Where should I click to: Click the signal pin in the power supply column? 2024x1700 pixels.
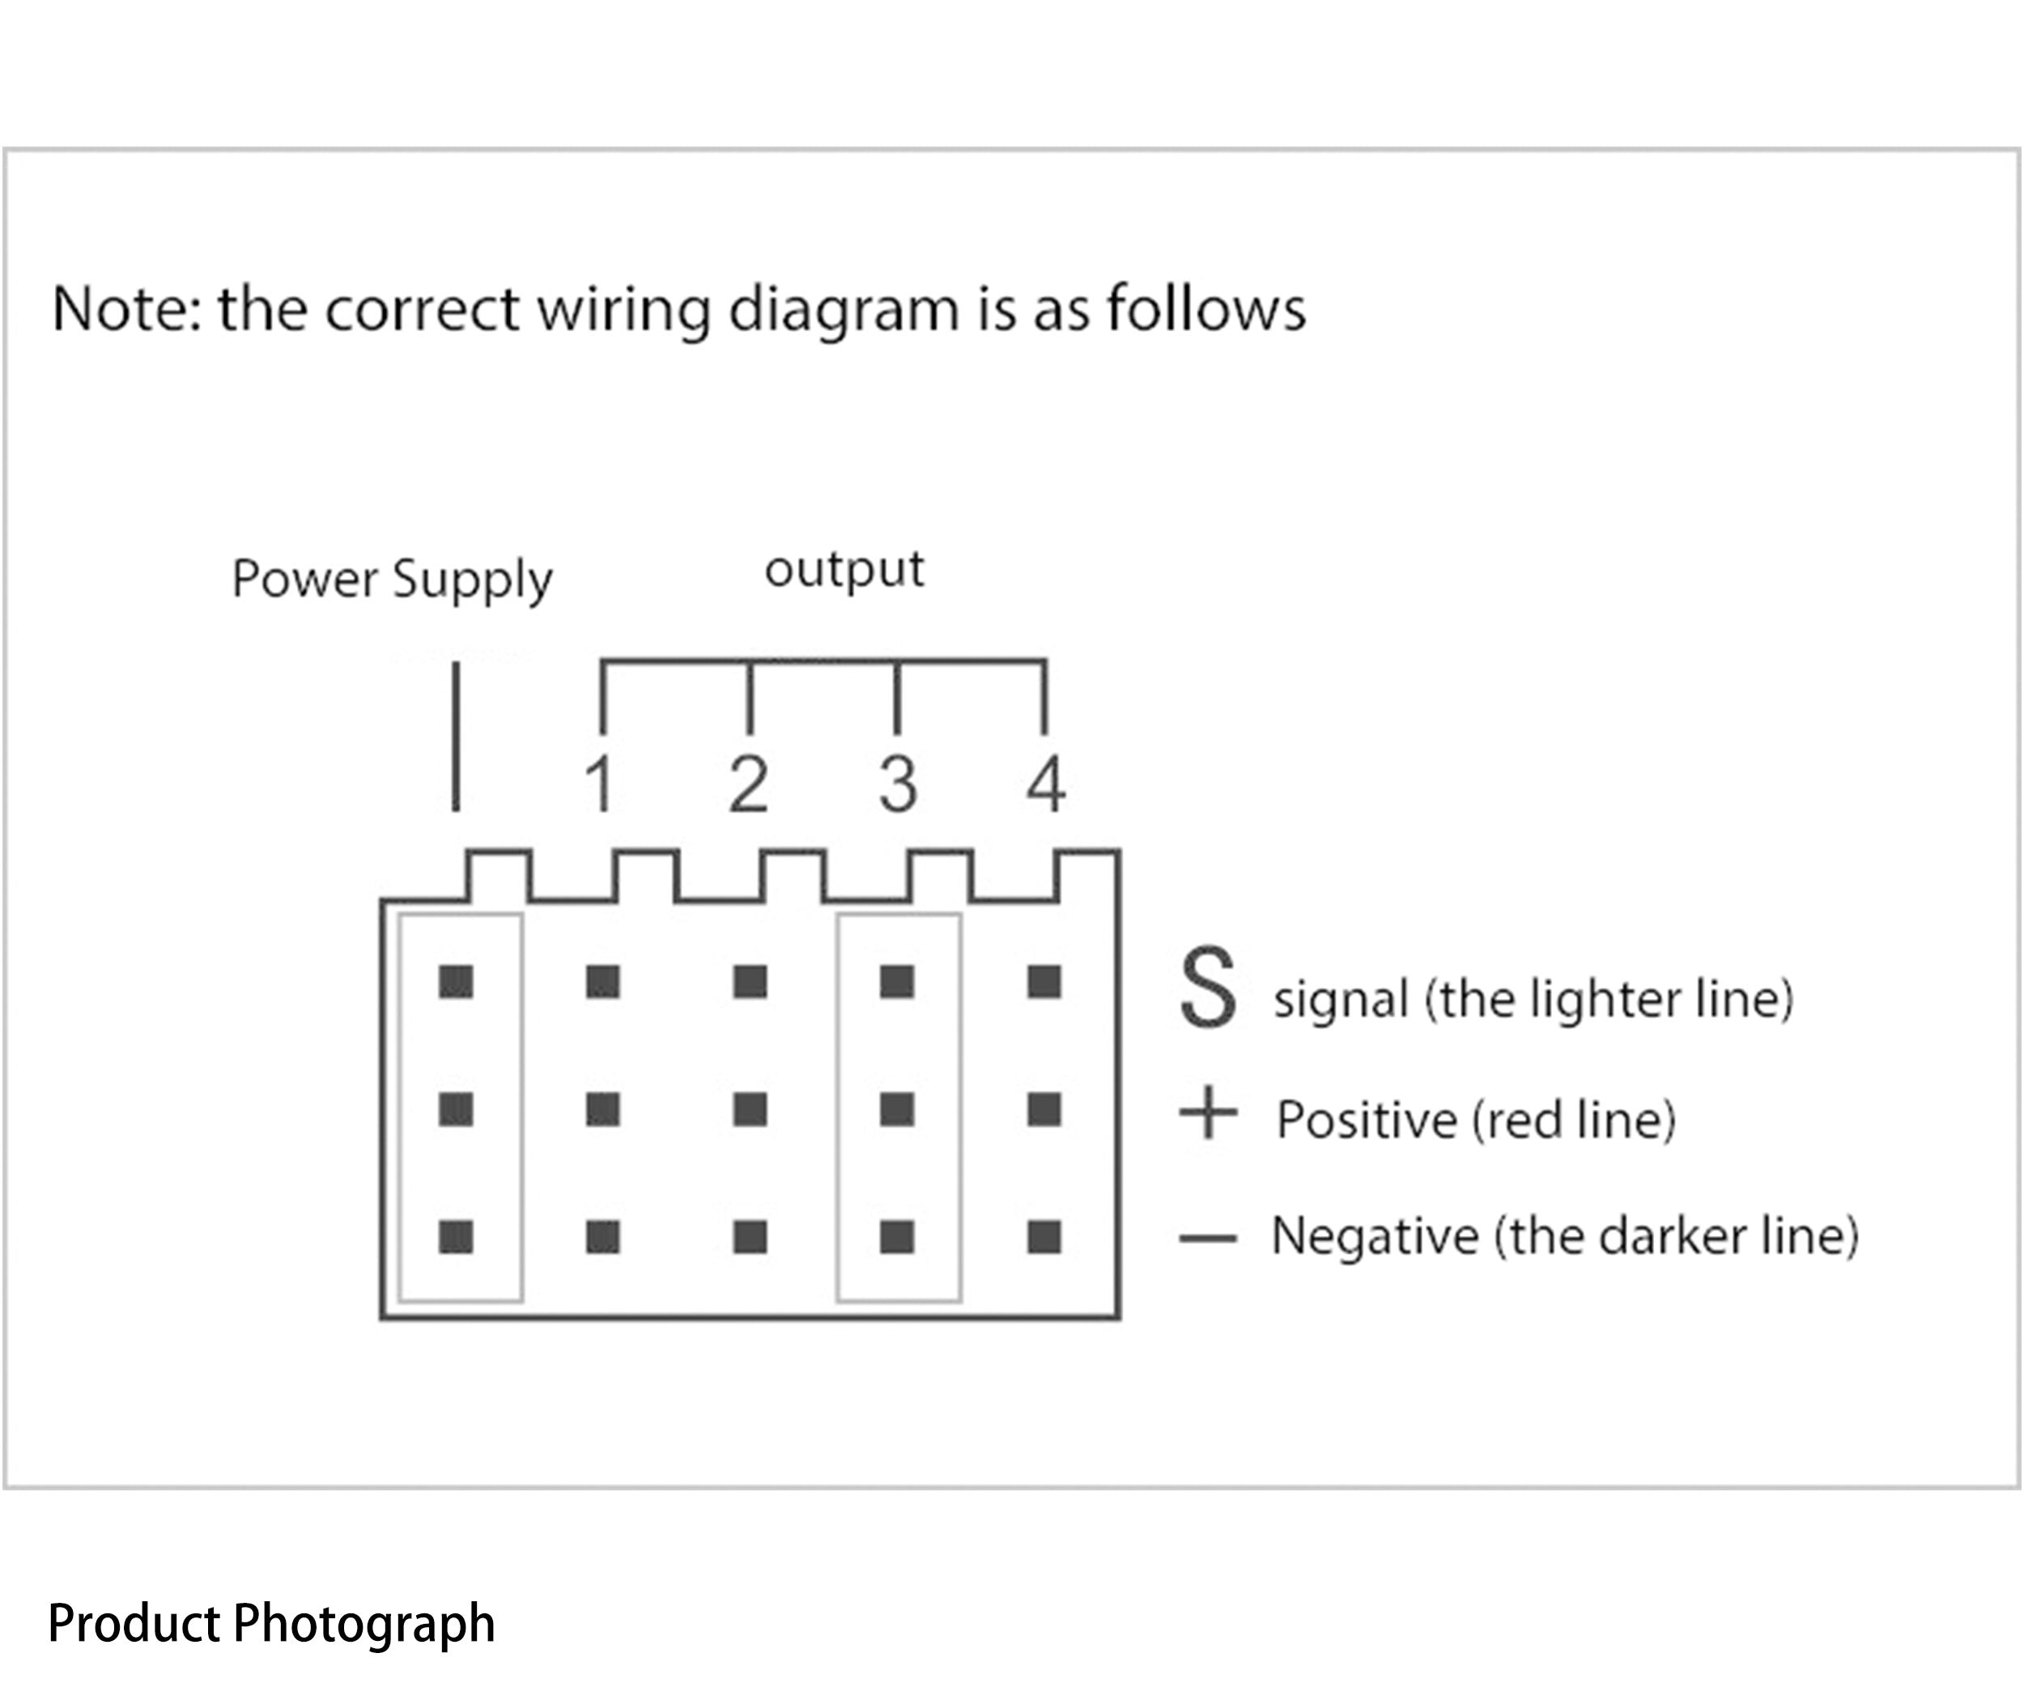[456, 982]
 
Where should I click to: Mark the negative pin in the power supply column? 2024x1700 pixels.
[456, 1236]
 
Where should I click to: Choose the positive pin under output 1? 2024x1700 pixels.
[603, 1109]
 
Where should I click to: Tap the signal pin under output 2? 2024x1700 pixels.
[750, 982]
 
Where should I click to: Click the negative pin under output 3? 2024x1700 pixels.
[897, 1236]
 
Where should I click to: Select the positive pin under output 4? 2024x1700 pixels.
[1044, 1109]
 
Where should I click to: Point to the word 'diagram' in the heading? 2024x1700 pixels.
[844, 309]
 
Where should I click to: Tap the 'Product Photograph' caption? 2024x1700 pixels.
[272, 1623]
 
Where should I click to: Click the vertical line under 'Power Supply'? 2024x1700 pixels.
[456, 737]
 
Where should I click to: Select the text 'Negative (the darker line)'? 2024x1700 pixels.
[1565, 1236]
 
